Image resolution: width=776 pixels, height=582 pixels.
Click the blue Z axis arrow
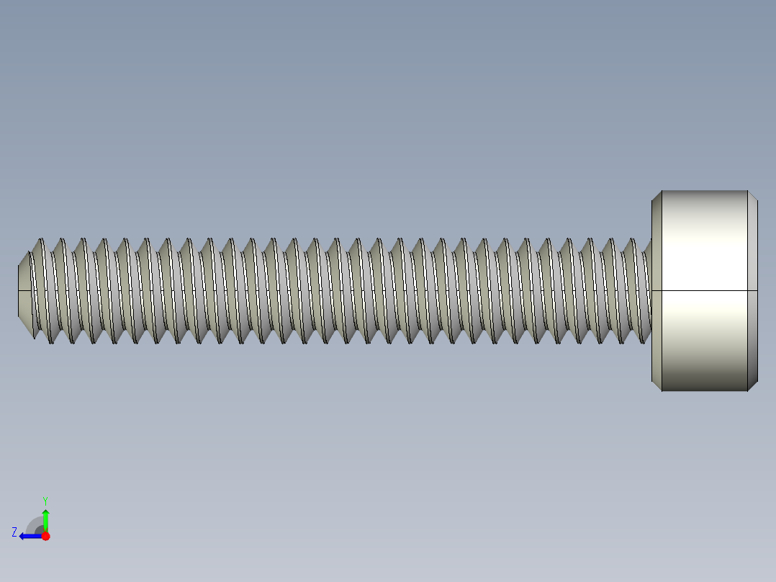pos(28,536)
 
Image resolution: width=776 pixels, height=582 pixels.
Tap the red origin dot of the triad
pos(45,536)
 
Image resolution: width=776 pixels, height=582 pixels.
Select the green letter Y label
pos(45,500)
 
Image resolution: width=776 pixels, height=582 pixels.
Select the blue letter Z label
pos(14,532)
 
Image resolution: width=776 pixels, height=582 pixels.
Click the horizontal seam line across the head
pos(703,290)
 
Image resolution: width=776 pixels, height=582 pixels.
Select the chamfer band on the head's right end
pos(752,290)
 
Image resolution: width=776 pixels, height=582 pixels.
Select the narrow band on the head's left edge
pos(657,290)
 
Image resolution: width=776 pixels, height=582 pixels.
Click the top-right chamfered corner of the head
pos(752,195)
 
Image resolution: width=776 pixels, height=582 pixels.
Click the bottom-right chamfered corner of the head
pos(752,386)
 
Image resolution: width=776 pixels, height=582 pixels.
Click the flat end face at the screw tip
pos(19,290)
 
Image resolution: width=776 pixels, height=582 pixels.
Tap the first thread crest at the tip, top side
pos(41,240)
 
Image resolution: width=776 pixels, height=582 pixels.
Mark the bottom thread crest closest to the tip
pos(50,341)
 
